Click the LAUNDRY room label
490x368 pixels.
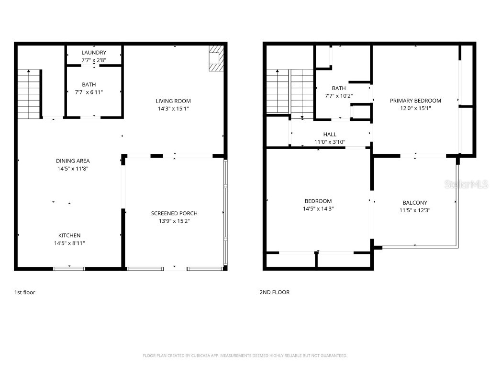coord(94,52)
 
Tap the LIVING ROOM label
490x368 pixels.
coord(173,101)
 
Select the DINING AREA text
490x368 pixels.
coord(73,161)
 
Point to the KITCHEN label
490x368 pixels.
coord(69,235)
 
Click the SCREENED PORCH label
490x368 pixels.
coord(174,213)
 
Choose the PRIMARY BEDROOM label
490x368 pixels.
coord(415,101)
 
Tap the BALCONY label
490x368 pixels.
coord(414,203)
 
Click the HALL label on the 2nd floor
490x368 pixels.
coord(330,135)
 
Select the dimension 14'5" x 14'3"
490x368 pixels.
coord(318,209)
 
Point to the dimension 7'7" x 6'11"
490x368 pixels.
coord(89,92)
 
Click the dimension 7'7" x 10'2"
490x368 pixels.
coord(339,95)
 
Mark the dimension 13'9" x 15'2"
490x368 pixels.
coord(174,221)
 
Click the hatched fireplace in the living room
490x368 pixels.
coord(216,58)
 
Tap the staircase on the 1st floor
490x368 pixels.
coord(29,94)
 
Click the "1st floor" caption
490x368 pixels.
coord(25,292)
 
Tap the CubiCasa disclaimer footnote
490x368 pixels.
coord(245,356)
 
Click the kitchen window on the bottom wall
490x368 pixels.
coord(69,268)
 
